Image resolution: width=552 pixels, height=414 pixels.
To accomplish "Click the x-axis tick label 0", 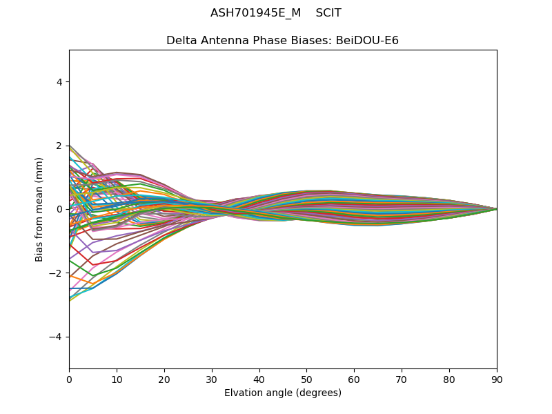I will pyautogui.click(x=69, y=379).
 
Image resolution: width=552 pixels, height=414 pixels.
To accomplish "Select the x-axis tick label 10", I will pyautogui.click(x=117, y=379).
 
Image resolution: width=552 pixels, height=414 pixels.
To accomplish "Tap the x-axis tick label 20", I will pyautogui.click(x=164, y=379).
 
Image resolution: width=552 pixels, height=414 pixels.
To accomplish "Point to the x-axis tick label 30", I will pyautogui.click(x=212, y=379).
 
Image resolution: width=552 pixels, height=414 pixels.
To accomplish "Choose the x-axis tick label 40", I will pyautogui.click(x=259, y=379).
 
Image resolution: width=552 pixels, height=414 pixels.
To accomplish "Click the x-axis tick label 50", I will pyautogui.click(x=306, y=379).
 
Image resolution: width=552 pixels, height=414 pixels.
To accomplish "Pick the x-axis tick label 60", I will pyautogui.click(x=354, y=379).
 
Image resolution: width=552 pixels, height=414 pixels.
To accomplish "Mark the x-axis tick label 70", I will pyautogui.click(x=402, y=379).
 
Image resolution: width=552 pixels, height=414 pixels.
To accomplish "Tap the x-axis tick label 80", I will pyautogui.click(x=449, y=379).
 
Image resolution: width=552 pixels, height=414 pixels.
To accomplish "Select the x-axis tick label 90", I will pyautogui.click(x=497, y=379).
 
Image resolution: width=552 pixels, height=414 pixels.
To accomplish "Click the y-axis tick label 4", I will pyautogui.click(x=60, y=82).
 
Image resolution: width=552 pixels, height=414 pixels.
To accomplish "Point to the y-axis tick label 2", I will pyautogui.click(x=60, y=146).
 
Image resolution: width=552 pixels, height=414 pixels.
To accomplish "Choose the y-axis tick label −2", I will pyautogui.click(x=57, y=273).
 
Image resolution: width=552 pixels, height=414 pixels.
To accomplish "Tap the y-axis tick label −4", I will pyautogui.click(x=57, y=337).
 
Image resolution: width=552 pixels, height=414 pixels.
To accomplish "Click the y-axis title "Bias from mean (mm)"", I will pyautogui.click(x=39, y=209).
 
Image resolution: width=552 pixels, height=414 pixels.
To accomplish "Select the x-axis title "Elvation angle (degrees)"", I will pyautogui.click(x=283, y=393).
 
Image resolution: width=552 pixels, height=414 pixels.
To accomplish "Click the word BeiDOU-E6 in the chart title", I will pyautogui.click(x=367, y=41).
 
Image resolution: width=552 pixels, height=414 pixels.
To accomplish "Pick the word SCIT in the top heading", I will pyautogui.click(x=328, y=13).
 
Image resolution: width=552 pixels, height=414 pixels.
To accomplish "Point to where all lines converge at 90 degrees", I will pyautogui.click(x=497, y=209).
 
